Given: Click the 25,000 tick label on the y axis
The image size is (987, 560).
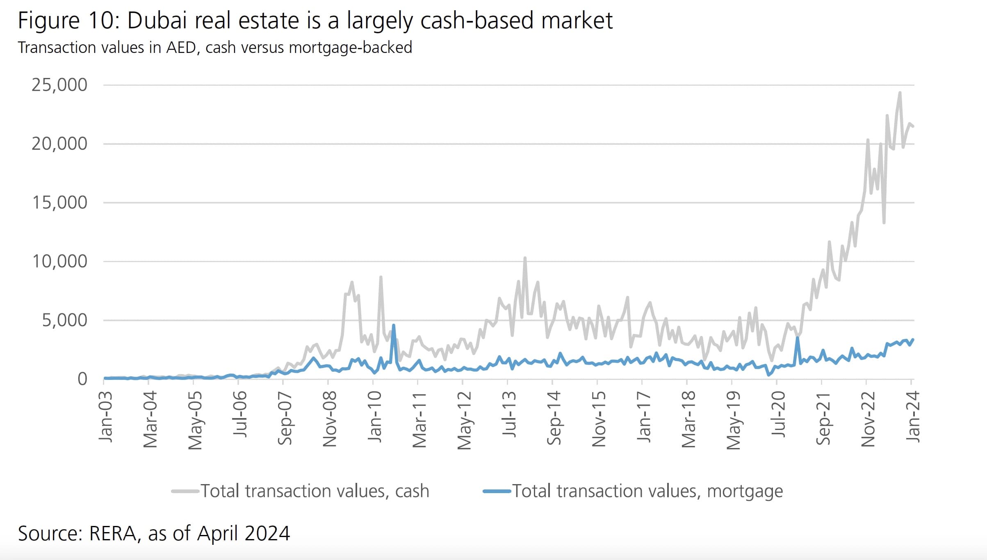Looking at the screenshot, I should click(59, 85).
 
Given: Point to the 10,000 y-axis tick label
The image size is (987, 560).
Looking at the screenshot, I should click(59, 261).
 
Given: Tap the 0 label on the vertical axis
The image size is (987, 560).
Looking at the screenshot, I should click(82, 379).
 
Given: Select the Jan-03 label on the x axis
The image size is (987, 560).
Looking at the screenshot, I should click(106, 416).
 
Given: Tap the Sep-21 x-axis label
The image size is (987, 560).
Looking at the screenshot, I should click(823, 418).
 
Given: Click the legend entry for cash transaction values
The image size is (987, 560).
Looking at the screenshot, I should click(315, 491).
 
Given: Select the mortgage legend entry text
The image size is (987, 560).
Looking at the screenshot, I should click(647, 491).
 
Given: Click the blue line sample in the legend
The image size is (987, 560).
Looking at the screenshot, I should click(497, 491).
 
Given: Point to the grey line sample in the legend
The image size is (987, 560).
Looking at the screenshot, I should click(185, 491).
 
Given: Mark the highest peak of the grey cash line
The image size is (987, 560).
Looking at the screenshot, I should click(900, 93).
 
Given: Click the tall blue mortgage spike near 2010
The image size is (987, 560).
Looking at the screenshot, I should click(394, 326).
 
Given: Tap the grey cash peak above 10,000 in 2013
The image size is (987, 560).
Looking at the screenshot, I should click(525, 258).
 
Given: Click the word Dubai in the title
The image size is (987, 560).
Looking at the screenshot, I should click(157, 21).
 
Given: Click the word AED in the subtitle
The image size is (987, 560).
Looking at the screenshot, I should click(181, 48).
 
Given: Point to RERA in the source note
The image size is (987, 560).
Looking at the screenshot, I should click(113, 533).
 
